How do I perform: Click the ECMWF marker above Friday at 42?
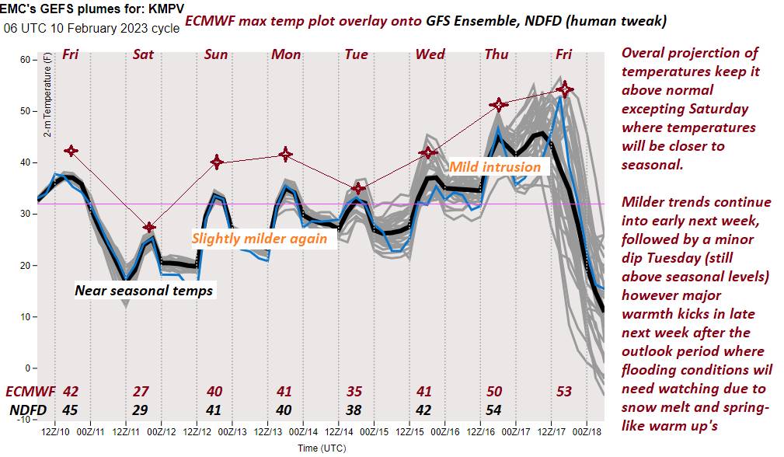pyautogui.click(x=71, y=151)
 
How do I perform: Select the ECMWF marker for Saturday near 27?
pyautogui.click(x=149, y=227)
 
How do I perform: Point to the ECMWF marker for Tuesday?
pyautogui.click(x=357, y=188)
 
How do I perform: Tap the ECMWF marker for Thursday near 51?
pyautogui.click(x=498, y=104)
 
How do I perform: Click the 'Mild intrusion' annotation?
pyautogui.click(x=495, y=166)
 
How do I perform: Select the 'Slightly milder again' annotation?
pyautogui.click(x=260, y=239)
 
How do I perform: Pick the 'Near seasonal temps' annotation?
pyautogui.click(x=144, y=291)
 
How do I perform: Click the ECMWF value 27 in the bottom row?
pyautogui.click(x=141, y=391)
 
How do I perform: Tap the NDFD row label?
pyautogui.click(x=27, y=410)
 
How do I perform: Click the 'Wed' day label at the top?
pyautogui.click(x=430, y=54)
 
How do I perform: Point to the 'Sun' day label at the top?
pyautogui.click(x=216, y=54)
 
